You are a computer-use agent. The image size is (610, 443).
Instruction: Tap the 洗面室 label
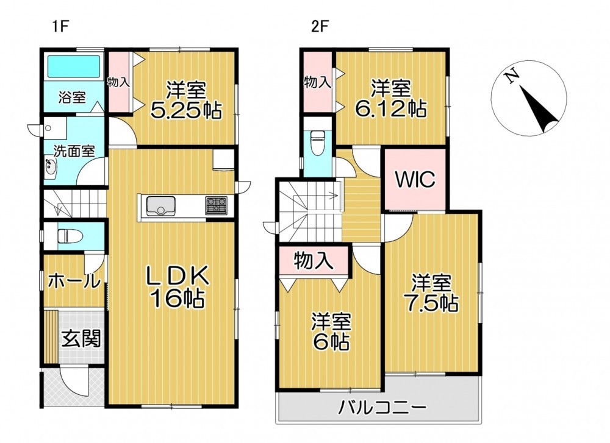[x=74, y=151]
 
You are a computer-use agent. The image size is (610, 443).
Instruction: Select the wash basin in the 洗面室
[x=50, y=168]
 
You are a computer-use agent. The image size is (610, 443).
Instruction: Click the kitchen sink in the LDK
[x=160, y=205]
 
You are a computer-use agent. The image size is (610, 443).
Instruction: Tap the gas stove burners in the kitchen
[x=217, y=205]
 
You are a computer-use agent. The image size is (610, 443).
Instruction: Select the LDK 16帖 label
[x=177, y=288]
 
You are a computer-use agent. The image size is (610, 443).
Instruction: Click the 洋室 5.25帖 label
[x=186, y=100]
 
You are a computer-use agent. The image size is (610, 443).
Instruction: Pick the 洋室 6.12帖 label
[x=390, y=98]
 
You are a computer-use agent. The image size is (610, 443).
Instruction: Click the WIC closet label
[x=415, y=180]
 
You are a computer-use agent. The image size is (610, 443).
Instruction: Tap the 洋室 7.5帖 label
[x=432, y=292]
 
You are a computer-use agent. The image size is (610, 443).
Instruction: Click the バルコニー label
[x=382, y=408]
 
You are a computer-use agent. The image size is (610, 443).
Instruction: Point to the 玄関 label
[x=82, y=338]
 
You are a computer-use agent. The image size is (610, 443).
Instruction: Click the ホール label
[x=74, y=280]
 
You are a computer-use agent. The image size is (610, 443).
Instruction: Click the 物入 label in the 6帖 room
[x=314, y=260]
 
